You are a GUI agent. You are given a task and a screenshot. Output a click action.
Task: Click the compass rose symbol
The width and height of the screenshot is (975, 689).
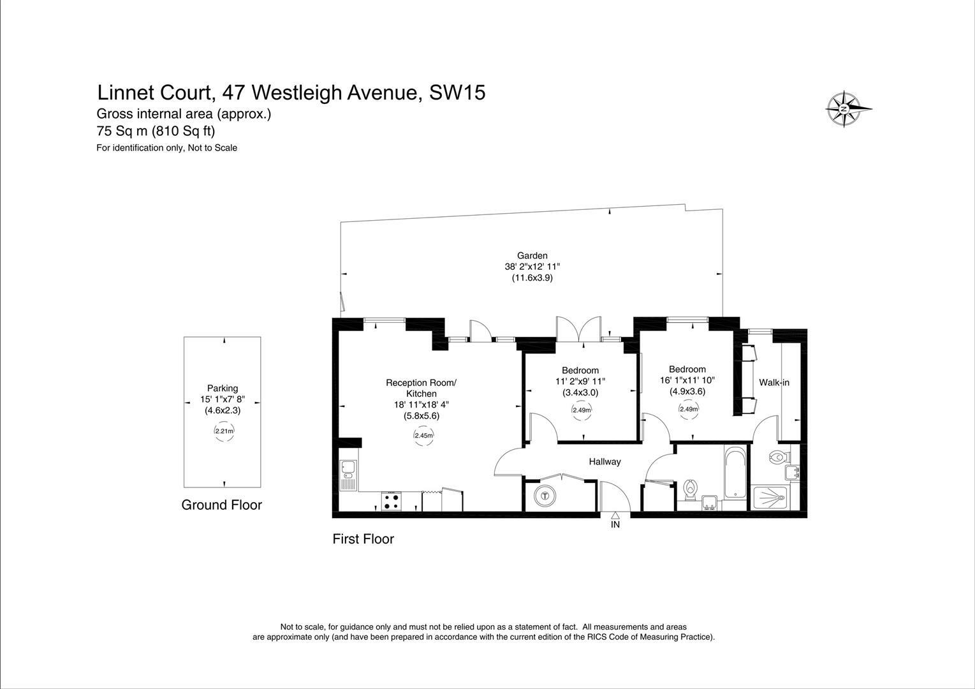tap(843, 109)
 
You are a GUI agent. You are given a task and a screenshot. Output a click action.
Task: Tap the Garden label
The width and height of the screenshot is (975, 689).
tap(532, 256)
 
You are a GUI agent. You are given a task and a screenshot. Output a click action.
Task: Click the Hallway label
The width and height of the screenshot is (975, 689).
tap(605, 461)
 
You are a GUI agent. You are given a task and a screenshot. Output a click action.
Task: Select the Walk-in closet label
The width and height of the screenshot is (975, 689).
tap(773, 383)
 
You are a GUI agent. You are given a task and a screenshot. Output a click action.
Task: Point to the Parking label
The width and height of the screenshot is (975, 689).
tap(223, 388)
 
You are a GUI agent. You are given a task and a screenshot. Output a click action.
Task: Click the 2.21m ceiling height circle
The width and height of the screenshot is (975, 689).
tap(224, 431)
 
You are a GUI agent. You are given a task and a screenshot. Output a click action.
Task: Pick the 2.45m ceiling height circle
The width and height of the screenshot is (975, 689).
tap(423, 436)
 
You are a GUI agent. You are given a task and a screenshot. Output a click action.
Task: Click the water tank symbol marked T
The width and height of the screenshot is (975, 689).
tap(544, 495)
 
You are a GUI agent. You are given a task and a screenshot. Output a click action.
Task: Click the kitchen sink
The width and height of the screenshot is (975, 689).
tap(348, 475)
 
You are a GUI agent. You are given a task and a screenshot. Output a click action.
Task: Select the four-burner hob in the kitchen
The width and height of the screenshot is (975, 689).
tap(391, 501)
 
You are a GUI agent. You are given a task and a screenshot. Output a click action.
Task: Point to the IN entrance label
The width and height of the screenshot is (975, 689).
tap(615, 525)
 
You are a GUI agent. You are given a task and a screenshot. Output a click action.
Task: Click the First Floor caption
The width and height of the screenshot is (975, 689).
tap(363, 539)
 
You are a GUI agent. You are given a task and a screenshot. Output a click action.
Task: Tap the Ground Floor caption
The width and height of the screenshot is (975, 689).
tap(221, 505)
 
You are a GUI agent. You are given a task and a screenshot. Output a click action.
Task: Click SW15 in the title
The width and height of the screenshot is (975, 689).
tap(457, 93)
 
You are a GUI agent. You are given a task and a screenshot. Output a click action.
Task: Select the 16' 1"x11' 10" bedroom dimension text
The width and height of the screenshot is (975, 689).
tap(687, 380)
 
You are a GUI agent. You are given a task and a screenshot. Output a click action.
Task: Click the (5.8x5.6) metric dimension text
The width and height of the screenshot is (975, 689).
tap(421, 415)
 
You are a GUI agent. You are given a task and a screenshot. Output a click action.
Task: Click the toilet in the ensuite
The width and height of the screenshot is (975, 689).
tap(778, 457)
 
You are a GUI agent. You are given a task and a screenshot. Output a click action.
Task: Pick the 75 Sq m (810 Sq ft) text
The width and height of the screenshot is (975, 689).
tap(156, 131)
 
